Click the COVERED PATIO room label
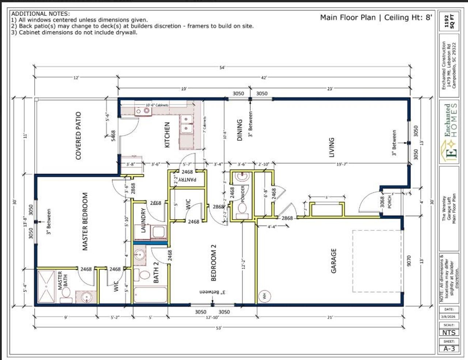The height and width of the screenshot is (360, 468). [x=78, y=136]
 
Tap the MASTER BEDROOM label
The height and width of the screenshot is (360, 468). [x=85, y=221]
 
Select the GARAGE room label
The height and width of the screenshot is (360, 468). [x=333, y=261]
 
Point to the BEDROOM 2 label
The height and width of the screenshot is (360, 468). [x=214, y=263]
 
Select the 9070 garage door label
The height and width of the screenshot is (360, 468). [x=409, y=260]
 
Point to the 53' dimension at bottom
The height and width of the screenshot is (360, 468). [x=219, y=328]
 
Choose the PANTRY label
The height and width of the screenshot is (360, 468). [x=188, y=179]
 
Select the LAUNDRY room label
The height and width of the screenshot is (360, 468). [x=143, y=220]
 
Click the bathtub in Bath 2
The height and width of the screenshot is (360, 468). [x=150, y=295]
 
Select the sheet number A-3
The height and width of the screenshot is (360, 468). [x=449, y=348]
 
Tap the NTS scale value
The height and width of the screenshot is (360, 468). [x=449, y=332]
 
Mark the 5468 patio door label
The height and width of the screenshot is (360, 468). [x=113, y=136]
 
